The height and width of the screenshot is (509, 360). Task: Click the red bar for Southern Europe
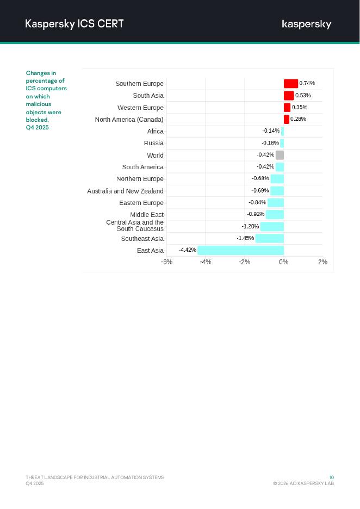[291, 83]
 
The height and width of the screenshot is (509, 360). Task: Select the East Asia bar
[240, 250]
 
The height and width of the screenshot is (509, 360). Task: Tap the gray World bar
[280, 155]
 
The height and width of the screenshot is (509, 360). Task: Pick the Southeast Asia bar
[270, 238]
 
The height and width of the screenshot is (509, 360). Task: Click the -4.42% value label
[188, 250]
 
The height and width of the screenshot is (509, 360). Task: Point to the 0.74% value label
[307, 83]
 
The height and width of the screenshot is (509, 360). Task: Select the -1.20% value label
[250, 226]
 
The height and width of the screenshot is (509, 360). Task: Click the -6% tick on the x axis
[166, 262]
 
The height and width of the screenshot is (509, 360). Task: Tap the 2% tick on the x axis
[322, 262]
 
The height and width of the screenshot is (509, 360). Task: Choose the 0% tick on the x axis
[284, 262]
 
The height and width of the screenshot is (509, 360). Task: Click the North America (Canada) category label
[129, 119]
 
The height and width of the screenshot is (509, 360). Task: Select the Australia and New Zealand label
[125, 191]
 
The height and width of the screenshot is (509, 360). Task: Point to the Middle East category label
[147, 215]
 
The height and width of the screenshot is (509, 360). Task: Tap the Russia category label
[153, 143]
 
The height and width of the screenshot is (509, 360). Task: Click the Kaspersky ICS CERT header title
[75, 23]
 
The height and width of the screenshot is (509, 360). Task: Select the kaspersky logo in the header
[307, 24]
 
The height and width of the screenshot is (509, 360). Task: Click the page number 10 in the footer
[332, 477]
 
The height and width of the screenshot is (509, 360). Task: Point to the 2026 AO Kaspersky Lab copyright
[303, 483]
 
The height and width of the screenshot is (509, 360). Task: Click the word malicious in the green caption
[39, 104]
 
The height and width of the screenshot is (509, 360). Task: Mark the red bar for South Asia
[289, 95]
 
